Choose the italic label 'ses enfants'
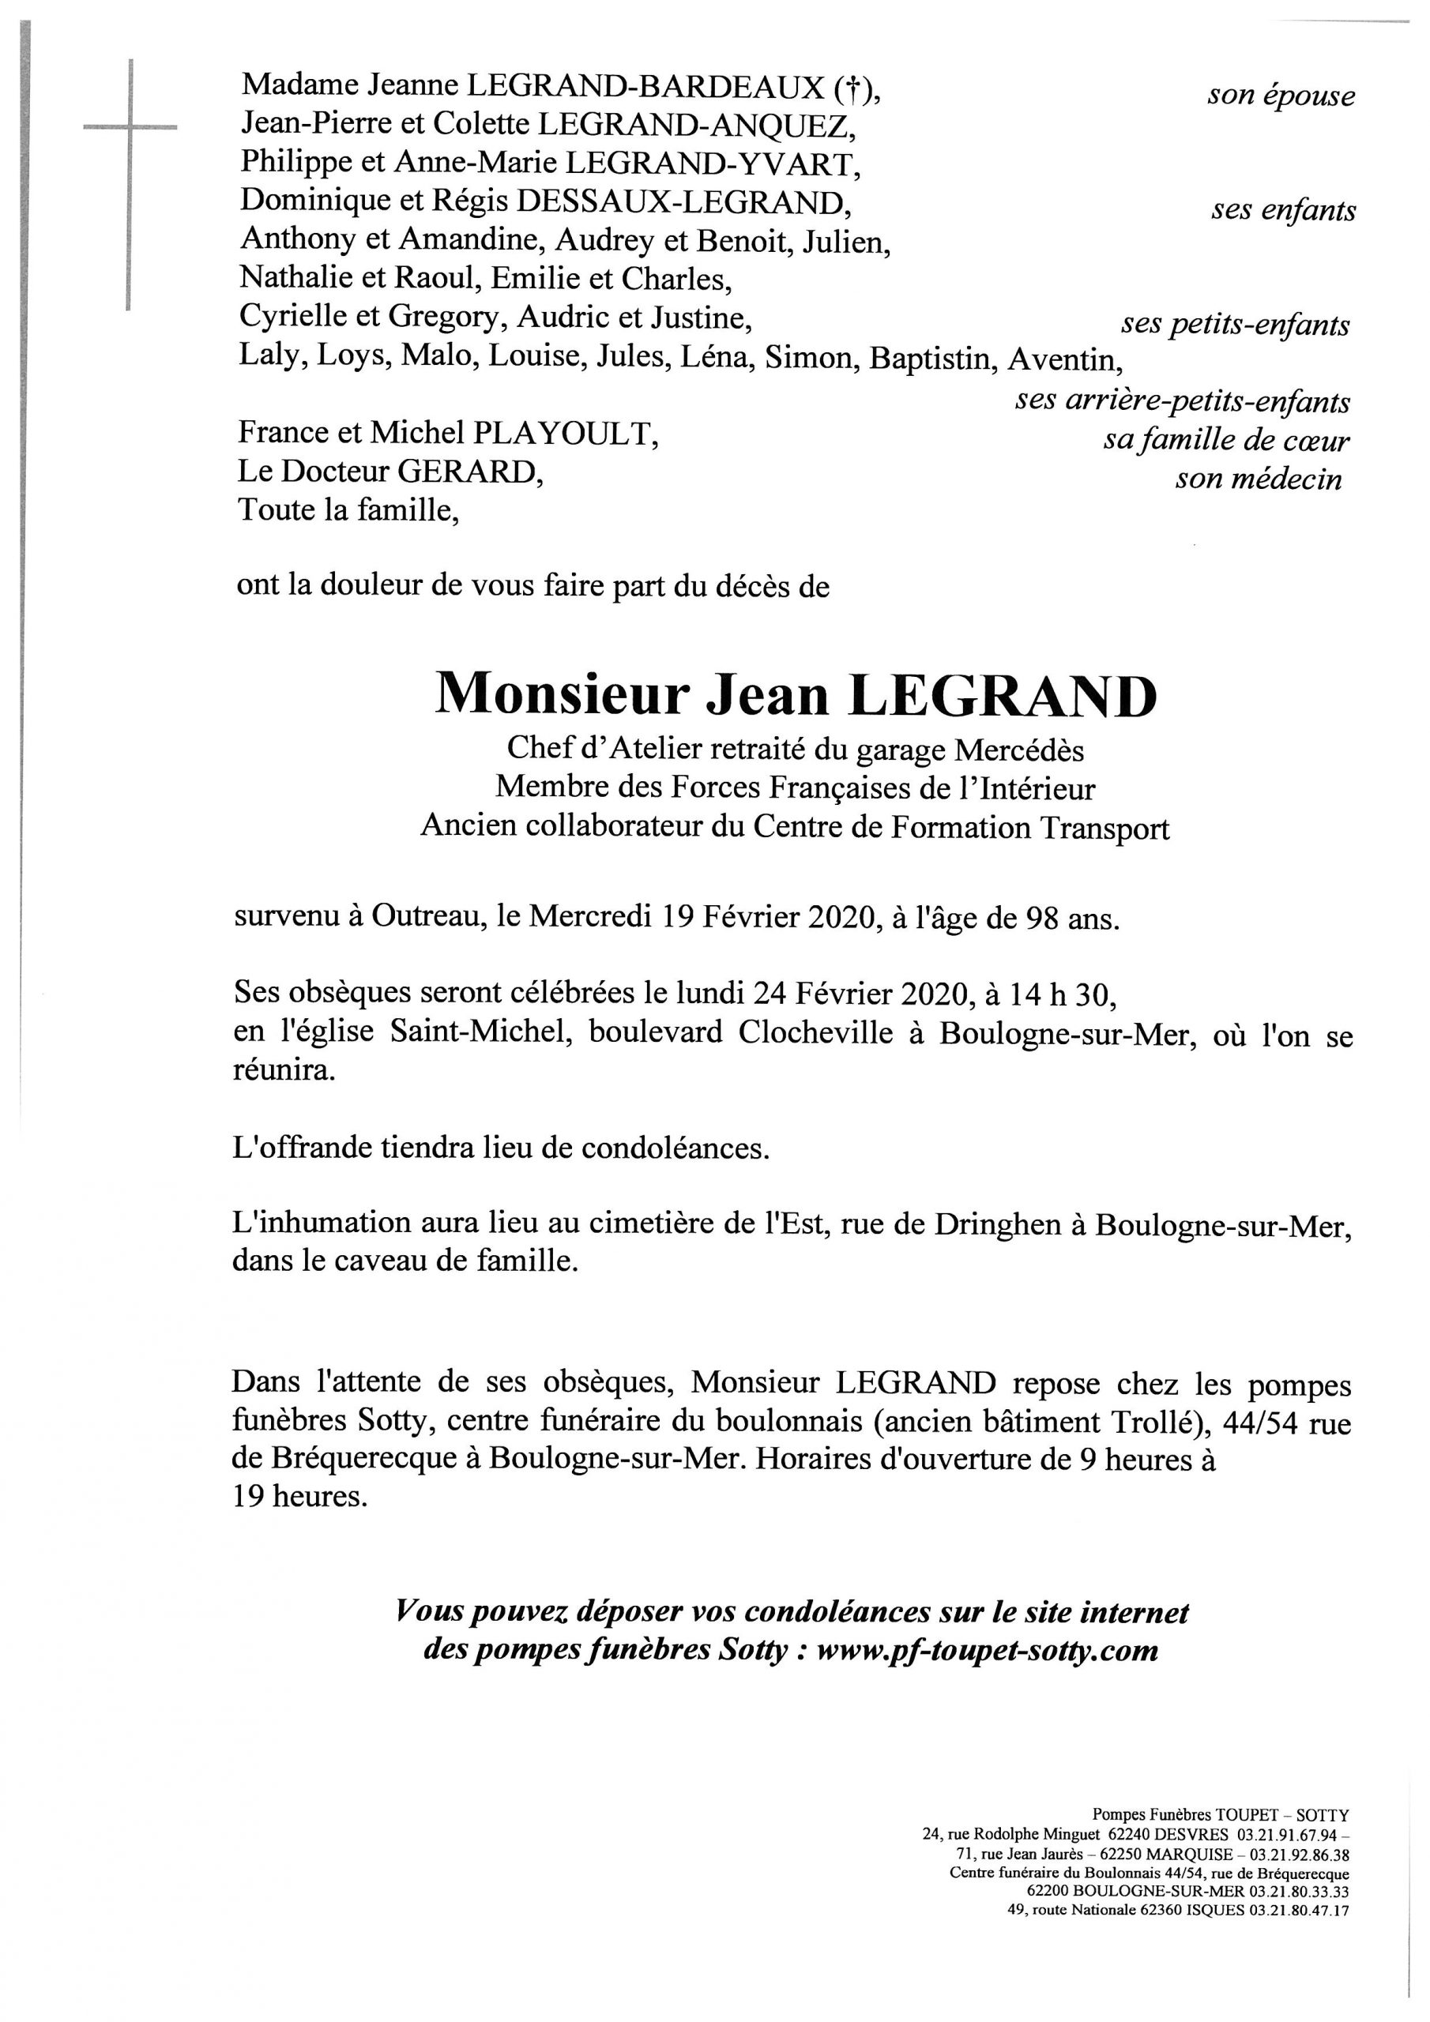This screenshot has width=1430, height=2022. tap(1283, 212)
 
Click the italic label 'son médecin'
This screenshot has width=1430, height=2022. tap(1259, 480)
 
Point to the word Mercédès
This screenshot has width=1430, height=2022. tap(1019, 750)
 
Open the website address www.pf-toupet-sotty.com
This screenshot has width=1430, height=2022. tap(987, 1649)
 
